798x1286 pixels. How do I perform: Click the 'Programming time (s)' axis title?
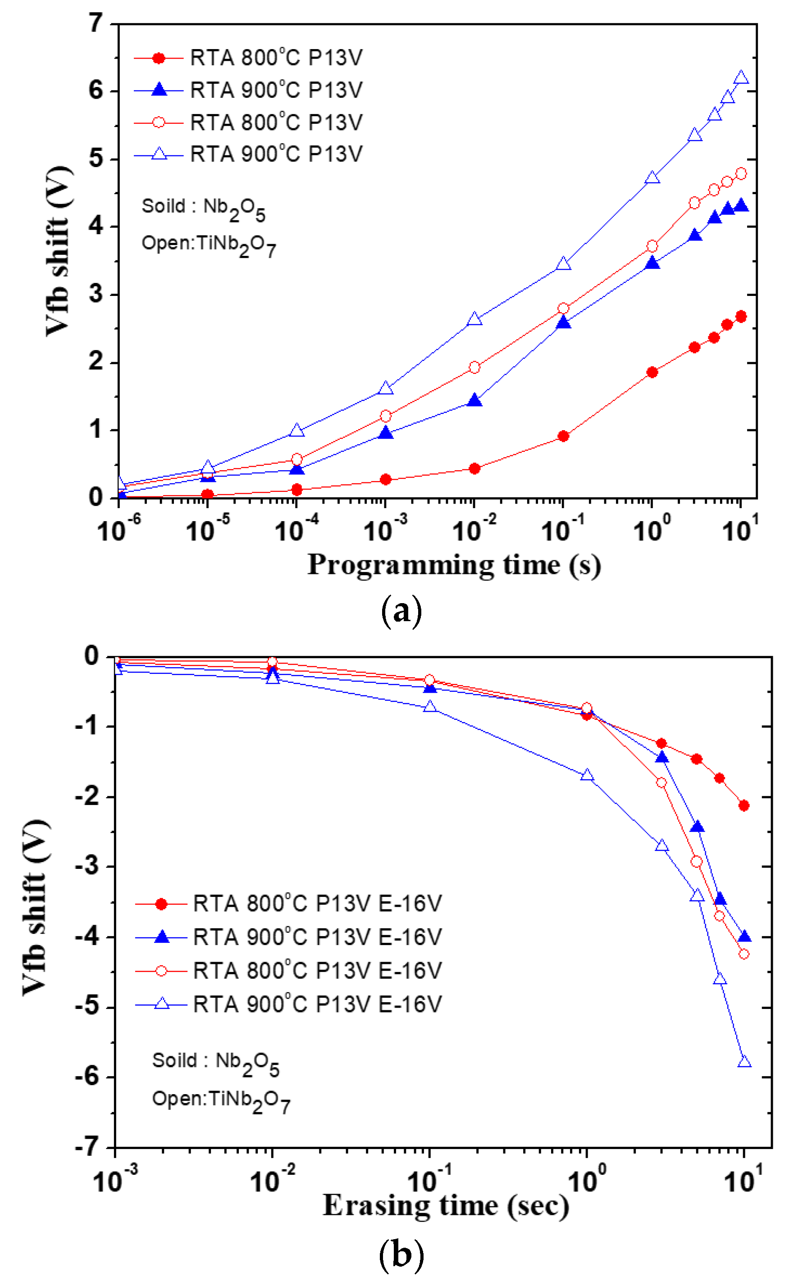[x=454, y=565]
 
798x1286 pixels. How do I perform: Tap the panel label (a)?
[x=401, y=611]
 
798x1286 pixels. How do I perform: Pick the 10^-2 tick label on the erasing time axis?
[x=271, y=1181]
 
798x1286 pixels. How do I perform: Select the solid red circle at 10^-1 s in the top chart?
[x=563, y=436]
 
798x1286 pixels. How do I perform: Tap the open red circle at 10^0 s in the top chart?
[x=652, y=246]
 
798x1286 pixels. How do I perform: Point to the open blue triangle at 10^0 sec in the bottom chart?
[x=587, y=775]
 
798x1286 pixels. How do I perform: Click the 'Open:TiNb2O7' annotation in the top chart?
[x=209, y=245]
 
